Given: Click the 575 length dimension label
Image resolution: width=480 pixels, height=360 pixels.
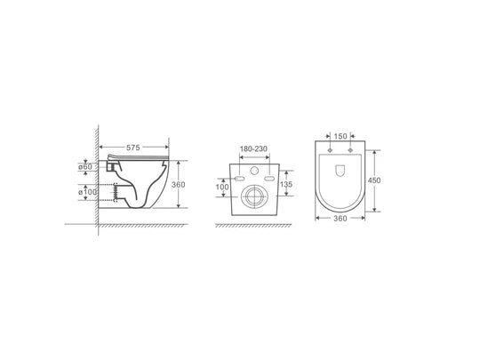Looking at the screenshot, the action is tap(133, 148).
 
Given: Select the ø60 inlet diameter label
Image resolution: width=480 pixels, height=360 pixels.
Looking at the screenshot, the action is tap(85, 167).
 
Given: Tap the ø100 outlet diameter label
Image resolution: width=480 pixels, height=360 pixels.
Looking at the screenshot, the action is tap(87, 192).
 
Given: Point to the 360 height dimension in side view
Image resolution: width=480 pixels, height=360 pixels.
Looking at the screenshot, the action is tap(178, 185).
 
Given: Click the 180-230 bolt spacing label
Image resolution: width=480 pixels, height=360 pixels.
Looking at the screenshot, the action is tap(253, 148).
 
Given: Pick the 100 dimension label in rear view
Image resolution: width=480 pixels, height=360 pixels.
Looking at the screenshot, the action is tap(222, 187).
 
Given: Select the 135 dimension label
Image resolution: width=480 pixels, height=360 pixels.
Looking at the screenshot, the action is tap(286, 184).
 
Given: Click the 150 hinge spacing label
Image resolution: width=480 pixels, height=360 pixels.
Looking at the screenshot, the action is tap(340, 136).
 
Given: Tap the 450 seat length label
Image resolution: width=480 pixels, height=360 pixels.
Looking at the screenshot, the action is tap(374, 180).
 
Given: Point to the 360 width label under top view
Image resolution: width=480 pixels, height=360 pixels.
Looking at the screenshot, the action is tap(340, 219).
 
